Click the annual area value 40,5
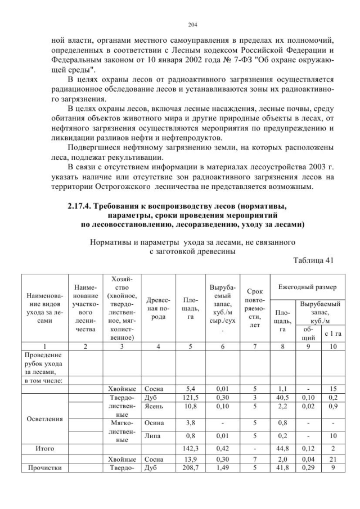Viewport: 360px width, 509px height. tap(283, 397)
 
